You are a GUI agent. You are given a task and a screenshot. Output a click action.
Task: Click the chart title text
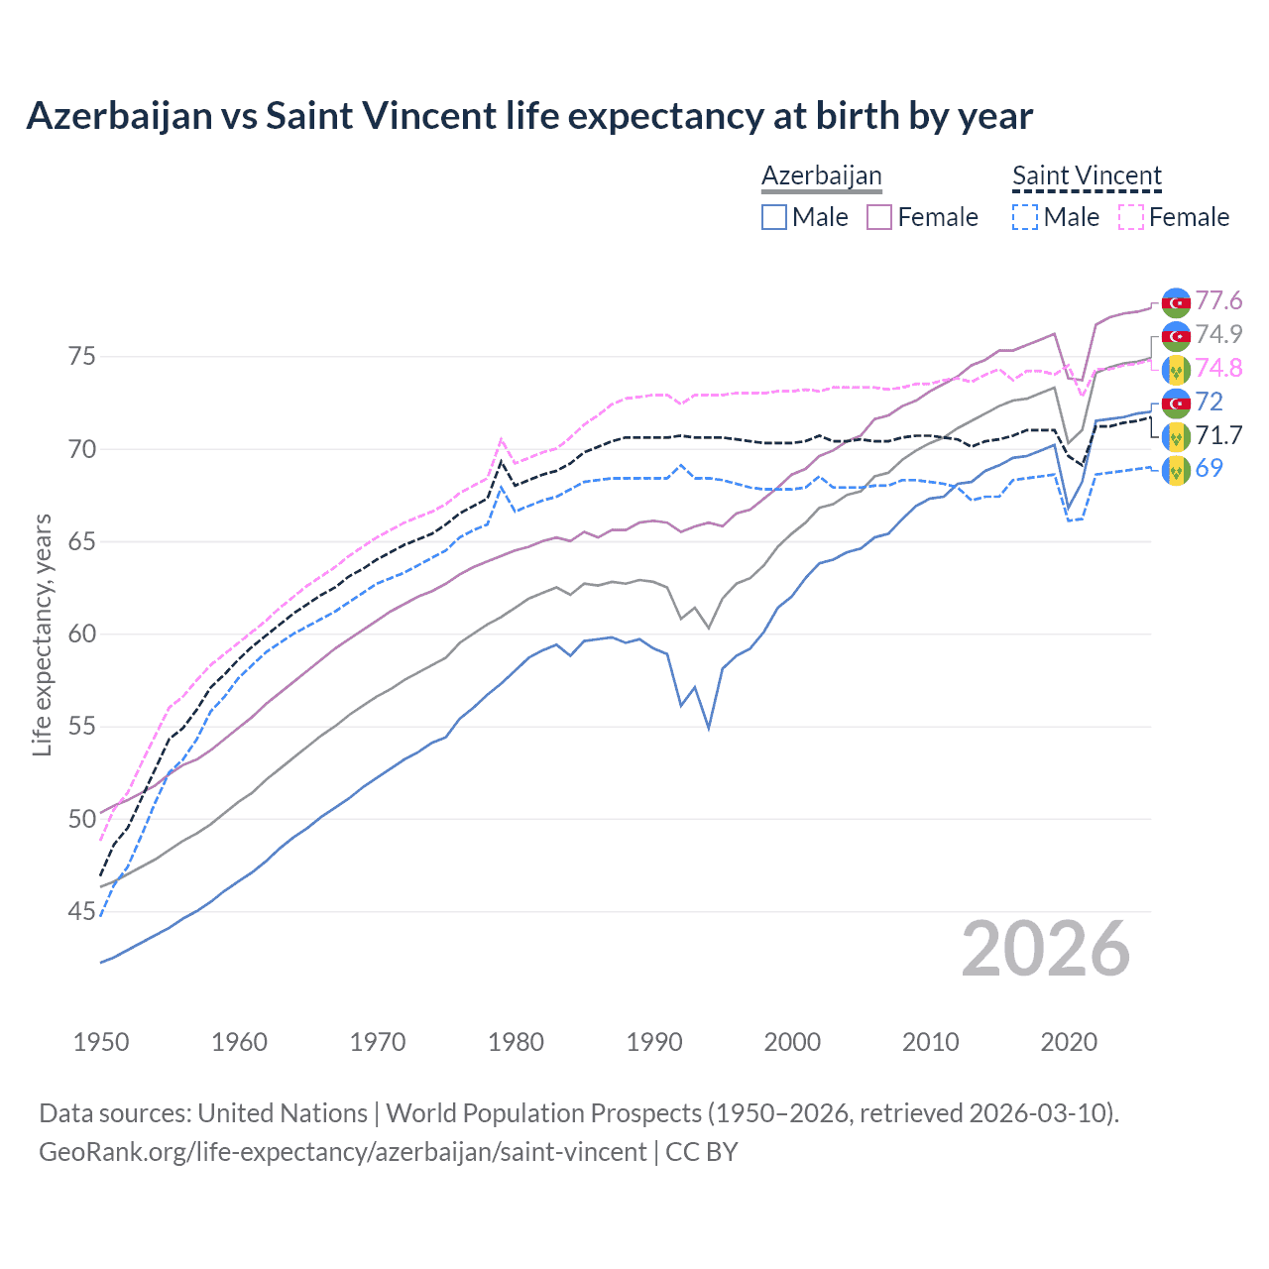pos(529,116)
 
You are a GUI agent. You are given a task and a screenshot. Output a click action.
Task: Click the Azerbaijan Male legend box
pos(774,217)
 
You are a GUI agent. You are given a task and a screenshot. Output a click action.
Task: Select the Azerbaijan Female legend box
pos(879,217)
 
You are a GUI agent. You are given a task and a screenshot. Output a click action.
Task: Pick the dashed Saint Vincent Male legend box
pos(1025,217)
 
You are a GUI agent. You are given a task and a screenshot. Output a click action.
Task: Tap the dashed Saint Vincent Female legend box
pos(1131,217)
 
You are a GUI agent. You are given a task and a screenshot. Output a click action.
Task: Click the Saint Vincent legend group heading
pos(1087,176)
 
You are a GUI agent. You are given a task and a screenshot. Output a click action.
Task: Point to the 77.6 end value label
pos(1218,300)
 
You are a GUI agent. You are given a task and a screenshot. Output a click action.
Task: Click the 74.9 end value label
pos(1218,334)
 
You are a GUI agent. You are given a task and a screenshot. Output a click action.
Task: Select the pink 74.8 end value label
pos(1218,368)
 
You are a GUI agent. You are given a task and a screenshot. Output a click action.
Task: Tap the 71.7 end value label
pos(1218,435)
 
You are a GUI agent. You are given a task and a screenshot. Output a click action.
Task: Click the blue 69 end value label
pos(1210,468)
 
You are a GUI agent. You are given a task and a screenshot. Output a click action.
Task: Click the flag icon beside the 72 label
pos(1176,403)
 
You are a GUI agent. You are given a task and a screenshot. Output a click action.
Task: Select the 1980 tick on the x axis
pos(516,1042)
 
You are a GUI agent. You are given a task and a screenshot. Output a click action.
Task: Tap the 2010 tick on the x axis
pos(930,1042)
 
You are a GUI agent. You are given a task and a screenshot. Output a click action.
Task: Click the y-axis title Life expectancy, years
pos(43,634)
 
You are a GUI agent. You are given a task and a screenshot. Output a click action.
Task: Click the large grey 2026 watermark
pos(1046,949)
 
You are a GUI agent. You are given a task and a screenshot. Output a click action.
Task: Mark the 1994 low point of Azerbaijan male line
pos(708,728)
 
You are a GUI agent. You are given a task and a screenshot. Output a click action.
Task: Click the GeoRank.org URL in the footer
pos(342,1152)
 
